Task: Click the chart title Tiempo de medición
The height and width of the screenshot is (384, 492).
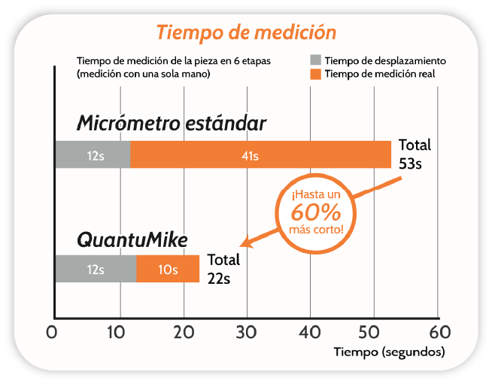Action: pyautogui.click(x=245, y=33)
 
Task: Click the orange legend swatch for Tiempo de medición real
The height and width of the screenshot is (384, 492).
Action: pyautogui.click(x=316, y=74)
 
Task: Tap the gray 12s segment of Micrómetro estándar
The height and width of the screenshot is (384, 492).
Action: pyautogui.click(x=93, y=156)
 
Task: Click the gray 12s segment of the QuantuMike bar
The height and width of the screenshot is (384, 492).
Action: pyautogui.click(x=96, y=270)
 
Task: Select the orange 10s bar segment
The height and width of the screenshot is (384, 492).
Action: pyautogui.click(x=168, y=270)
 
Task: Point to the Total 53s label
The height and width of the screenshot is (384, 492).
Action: pyautogui.click(x=415, y=154)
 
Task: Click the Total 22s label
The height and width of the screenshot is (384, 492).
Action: pyautogui.click(x=223, y=269)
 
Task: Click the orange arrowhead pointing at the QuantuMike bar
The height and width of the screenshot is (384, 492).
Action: pyautogui.click(x=245, y=242)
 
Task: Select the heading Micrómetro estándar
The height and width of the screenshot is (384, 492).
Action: pyautogui.click(x=171, y=123)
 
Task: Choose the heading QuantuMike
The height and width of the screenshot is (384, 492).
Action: pyautogui.click(x=132, y=240)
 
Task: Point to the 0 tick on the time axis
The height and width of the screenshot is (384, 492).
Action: pyautogui.click(x=53, y=332)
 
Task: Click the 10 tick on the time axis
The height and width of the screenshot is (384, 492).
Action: pyautogui.click(x=117, y=332)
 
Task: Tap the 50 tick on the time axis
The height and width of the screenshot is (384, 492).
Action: pyautogui.click(x=375, y=332)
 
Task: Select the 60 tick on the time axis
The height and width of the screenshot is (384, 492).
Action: pyautogui.click(x=439, y=332)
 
